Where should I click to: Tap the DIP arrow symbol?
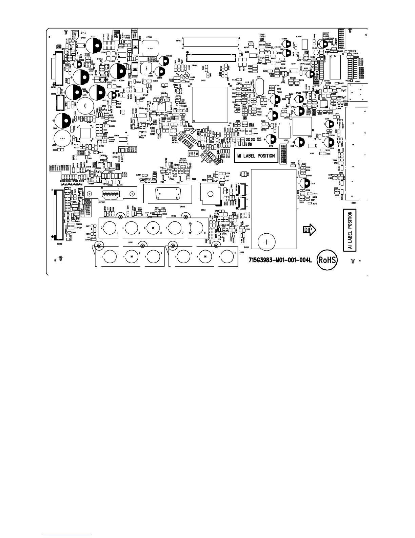pos(309,230)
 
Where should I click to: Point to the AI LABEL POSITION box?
pos(350,230)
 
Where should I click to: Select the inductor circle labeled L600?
pos(62,139)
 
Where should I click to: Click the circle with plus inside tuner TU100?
pos(267,242)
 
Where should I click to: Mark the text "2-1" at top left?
pos(83,33)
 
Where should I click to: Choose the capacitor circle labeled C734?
pos(274,100)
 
